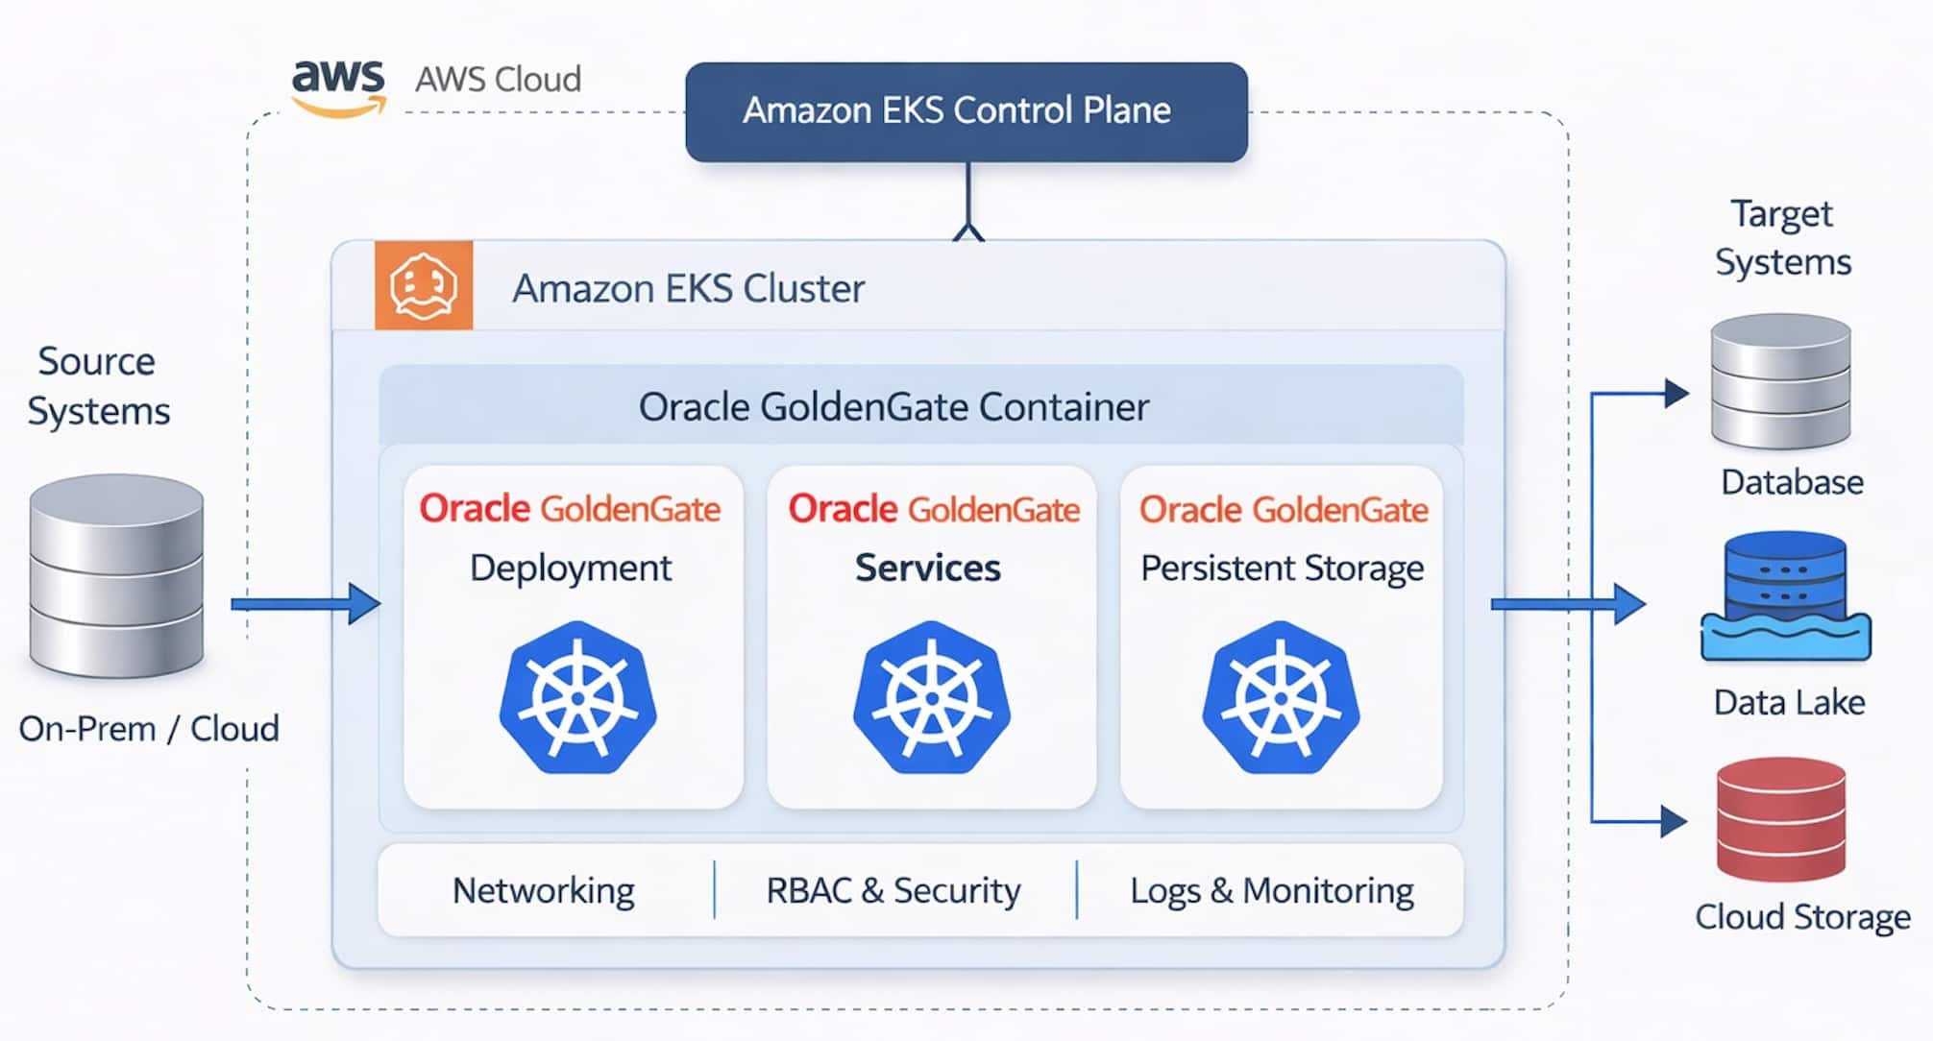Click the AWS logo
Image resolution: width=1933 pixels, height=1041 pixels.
coord(338,87)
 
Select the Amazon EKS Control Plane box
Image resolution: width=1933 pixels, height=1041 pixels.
coord(966,111)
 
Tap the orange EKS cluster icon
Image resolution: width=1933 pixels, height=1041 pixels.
coord(424,285)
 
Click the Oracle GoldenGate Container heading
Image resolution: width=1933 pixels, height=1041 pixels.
coord(893,407)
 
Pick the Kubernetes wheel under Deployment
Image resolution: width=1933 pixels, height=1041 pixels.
coord(577,697)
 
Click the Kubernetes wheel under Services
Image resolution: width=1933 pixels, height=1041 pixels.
coord(931,697)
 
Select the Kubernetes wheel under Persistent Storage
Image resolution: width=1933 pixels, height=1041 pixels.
coord(1281,697)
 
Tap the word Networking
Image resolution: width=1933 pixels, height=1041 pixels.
coord(543,890)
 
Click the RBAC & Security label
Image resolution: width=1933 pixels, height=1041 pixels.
coord(893,890)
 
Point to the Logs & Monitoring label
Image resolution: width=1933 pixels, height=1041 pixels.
coord(1271,890)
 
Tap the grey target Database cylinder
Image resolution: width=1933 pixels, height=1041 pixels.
coord(1780,381)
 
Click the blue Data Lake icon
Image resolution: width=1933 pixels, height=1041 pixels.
coord(1785,597)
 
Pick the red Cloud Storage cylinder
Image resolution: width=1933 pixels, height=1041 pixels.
coord(1780,819)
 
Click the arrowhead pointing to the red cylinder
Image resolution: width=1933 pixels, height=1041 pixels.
coord(1674,821)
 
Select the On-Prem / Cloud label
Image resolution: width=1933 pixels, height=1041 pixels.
coord(149,729)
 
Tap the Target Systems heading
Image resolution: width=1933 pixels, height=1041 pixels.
coord(1782,237)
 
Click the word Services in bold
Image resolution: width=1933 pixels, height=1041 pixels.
coord(927,568)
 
